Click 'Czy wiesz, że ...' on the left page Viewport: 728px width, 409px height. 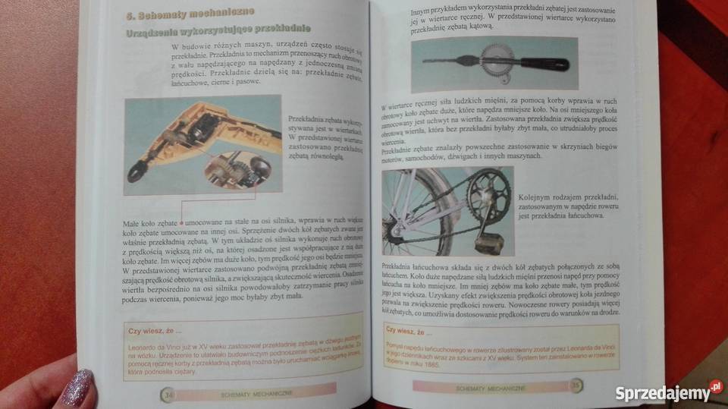[x=155, y=331]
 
